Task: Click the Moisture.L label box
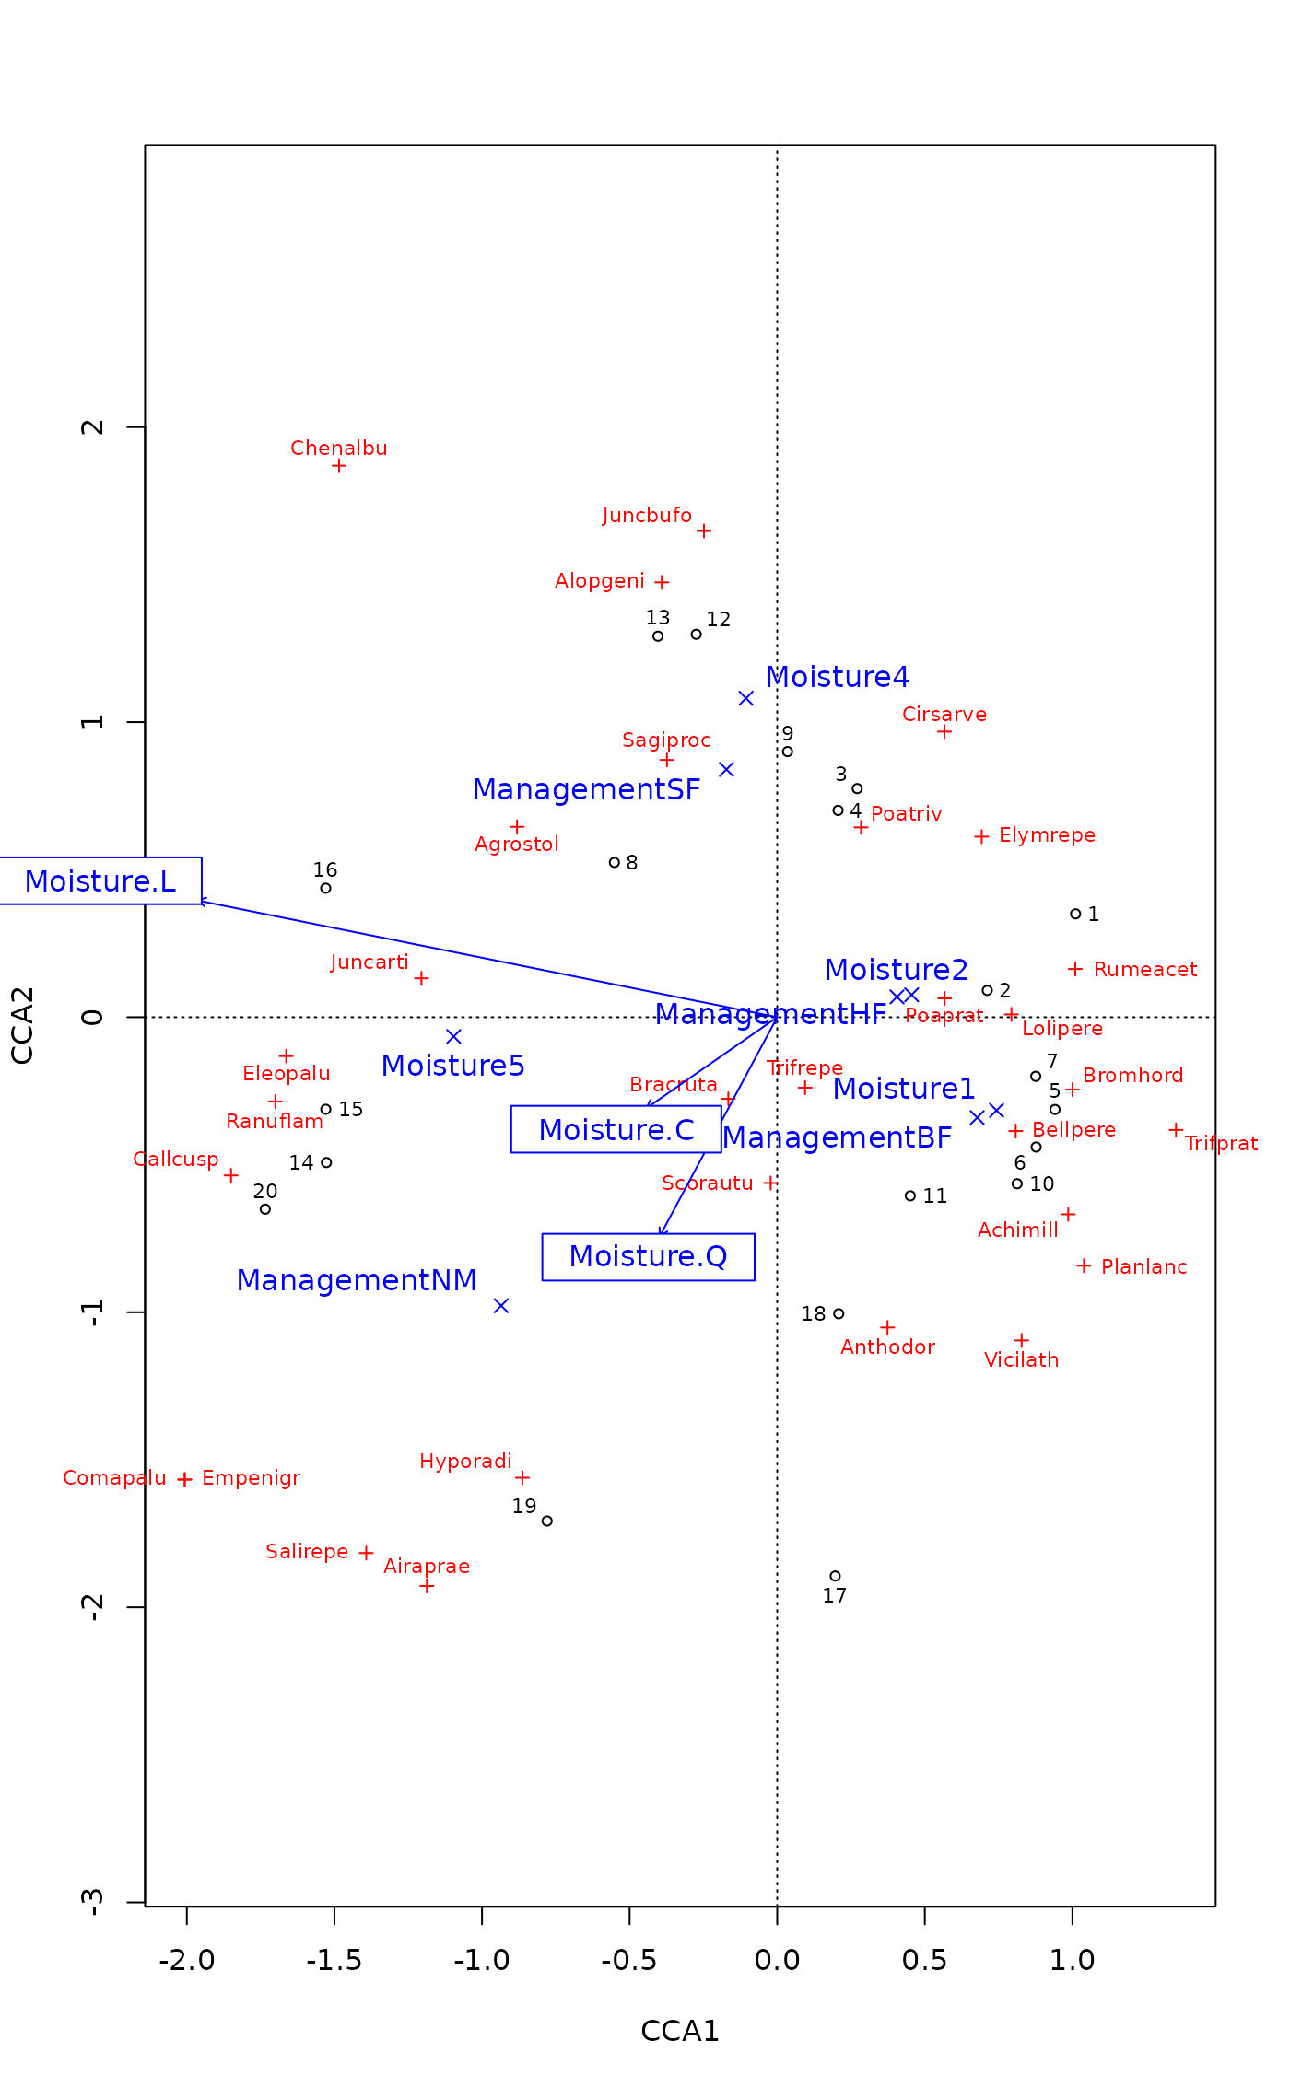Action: tap(100, 881)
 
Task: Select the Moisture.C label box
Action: tap(616, 1130)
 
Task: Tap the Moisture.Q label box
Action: tap(648, 1256)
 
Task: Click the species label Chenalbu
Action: tap(338, 449)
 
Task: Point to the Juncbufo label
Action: tap(647, 516)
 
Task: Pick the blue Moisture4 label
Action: tap(837, 678)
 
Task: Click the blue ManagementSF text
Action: tap(586, 790)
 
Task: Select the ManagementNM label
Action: tap(357, 1281)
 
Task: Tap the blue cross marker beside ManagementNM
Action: tap(501, 1306)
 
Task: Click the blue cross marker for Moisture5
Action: tap(453, 1037)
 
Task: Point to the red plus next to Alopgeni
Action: tap(662, 582)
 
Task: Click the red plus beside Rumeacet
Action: tap(1074, 969)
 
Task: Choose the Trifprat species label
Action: tap(1221, 1144)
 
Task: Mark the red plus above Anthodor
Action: tap(887, 1327)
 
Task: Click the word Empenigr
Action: tap(252, 1478)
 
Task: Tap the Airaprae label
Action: tap(427, 1567)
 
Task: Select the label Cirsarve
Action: tap(944, 715)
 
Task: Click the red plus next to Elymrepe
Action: tap(981, 836)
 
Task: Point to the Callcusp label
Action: tap(176, 1160)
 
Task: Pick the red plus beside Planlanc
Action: tap(1084, 1266)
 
